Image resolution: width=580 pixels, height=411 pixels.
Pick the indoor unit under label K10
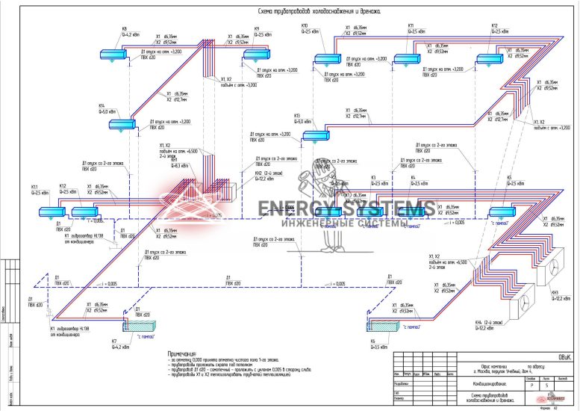pyautogui.click(x=326, y=58)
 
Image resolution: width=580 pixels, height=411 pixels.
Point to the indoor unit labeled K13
pyautogui.click(x=316, y=135)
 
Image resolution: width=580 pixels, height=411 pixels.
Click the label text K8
pyautogui.click(x=124, y=29)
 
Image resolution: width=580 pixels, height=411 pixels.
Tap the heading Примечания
pyautogui.click(x=183, y=351)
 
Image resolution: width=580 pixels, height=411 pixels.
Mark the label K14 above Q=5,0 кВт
pyautogui.click(x=102, y=106)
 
